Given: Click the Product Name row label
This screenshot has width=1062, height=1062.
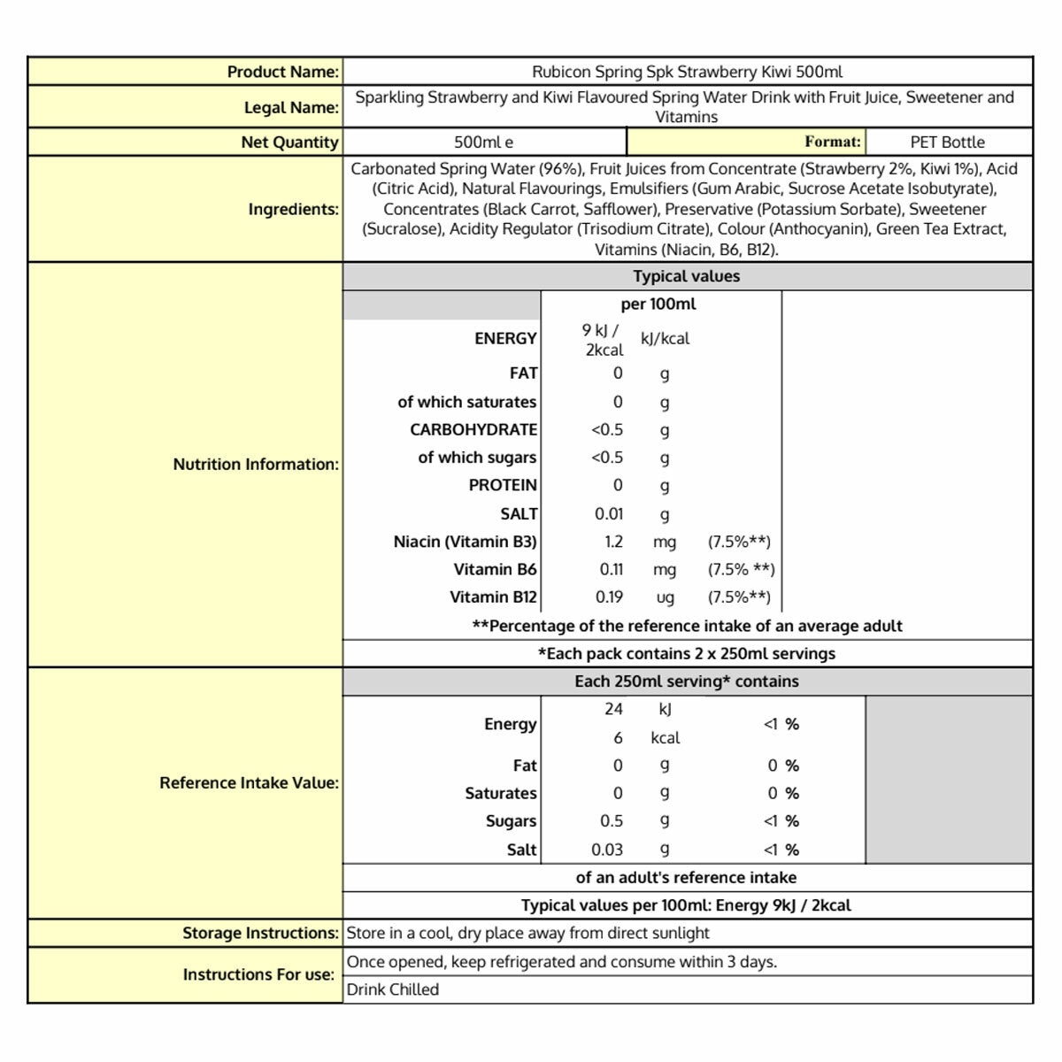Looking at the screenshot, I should click(282, 72).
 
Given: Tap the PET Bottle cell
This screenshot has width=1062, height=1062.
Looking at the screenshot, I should click(947, 142).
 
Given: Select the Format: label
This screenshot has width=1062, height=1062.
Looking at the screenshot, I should click(832, 142).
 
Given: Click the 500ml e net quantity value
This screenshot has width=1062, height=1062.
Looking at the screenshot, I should click(483, 142).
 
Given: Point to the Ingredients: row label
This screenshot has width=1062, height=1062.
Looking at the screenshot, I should click(293, 210).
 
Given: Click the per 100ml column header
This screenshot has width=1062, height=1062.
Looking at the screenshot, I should click(658, 304).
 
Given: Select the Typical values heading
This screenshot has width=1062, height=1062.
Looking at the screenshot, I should click(686, 276).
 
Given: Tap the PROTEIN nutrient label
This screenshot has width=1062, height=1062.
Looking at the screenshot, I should click(503, 485).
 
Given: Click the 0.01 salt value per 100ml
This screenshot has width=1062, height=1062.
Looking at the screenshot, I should click(609, 513).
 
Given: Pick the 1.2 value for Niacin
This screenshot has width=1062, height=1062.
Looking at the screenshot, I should click(613, 542).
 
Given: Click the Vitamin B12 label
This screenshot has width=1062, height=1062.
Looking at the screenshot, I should click(493, 597).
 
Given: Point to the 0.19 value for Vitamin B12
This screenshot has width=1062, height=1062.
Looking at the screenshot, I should click(609, 597).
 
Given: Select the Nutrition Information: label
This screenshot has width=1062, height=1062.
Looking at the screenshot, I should click(256, 464).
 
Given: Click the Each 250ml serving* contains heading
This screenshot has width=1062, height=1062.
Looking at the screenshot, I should click(686, 681).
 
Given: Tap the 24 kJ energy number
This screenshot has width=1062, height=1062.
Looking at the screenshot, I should click(613, 709).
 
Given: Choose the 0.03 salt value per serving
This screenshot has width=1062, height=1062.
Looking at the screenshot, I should click(607, 850).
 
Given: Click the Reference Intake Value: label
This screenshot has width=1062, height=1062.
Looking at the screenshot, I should click(249, 783).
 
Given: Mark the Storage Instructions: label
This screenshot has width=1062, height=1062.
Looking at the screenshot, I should click(260, 933).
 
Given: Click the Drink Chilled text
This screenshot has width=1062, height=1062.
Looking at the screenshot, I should click(393, 989).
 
